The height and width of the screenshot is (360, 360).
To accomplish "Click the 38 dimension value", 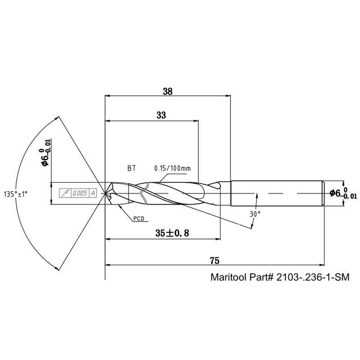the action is coord(167,91).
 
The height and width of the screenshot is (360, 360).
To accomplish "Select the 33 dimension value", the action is coord(161,115).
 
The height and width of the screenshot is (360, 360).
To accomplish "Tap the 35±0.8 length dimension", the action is coord(172,233).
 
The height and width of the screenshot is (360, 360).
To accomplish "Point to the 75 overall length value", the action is coord(215,261).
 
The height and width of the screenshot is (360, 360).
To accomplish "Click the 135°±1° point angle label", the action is coord(16,194).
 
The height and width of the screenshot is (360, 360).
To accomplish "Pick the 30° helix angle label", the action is coord(255,214).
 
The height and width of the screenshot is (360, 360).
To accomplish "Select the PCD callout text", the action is coord(139,218).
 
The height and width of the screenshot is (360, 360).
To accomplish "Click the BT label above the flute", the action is coord(131,168).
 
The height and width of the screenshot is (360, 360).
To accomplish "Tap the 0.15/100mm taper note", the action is coord(172,168).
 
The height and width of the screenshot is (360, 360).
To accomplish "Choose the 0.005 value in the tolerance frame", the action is coord(80,193).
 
